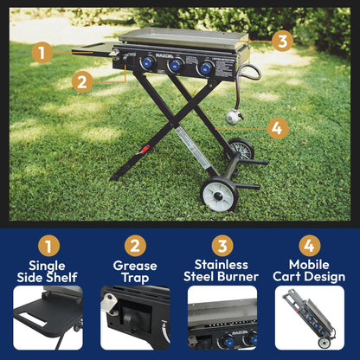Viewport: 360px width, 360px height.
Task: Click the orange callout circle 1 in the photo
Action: [41, 52]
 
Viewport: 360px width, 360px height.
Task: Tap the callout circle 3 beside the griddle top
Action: [283, 40]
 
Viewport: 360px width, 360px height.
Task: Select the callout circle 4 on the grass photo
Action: [276, 129]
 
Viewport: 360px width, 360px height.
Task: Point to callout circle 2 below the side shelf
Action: [82, 81]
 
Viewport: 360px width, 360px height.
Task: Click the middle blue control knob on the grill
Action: [176, 66]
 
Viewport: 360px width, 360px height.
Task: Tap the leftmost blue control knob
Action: [147, 63]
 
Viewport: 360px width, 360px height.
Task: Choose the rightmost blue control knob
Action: [206, 68]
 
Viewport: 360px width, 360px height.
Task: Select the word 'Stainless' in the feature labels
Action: [222, 265]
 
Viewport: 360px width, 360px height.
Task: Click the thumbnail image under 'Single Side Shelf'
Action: [48, 318]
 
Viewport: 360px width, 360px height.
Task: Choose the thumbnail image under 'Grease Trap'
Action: [134, 318]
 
